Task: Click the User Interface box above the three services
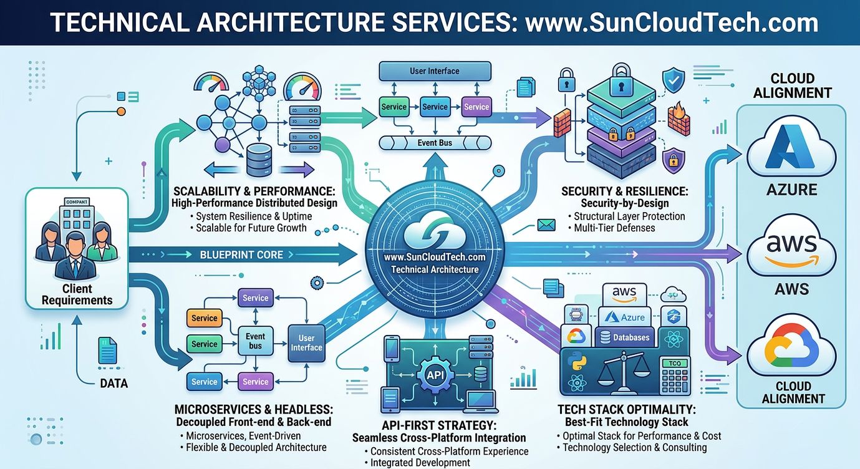coord(435,71)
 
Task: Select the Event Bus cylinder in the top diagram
coord(435,143)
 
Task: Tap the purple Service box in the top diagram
coord(476,107)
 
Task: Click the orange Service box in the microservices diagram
coord(204,318)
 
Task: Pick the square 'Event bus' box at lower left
coord(255,341)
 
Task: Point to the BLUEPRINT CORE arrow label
coord(241,254)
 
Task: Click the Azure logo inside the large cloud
coord(791,152)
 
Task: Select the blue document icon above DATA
coord(107,350)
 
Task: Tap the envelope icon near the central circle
coord(546,224)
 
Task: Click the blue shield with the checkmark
coord(673,80)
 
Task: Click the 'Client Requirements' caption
coord(77,294)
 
